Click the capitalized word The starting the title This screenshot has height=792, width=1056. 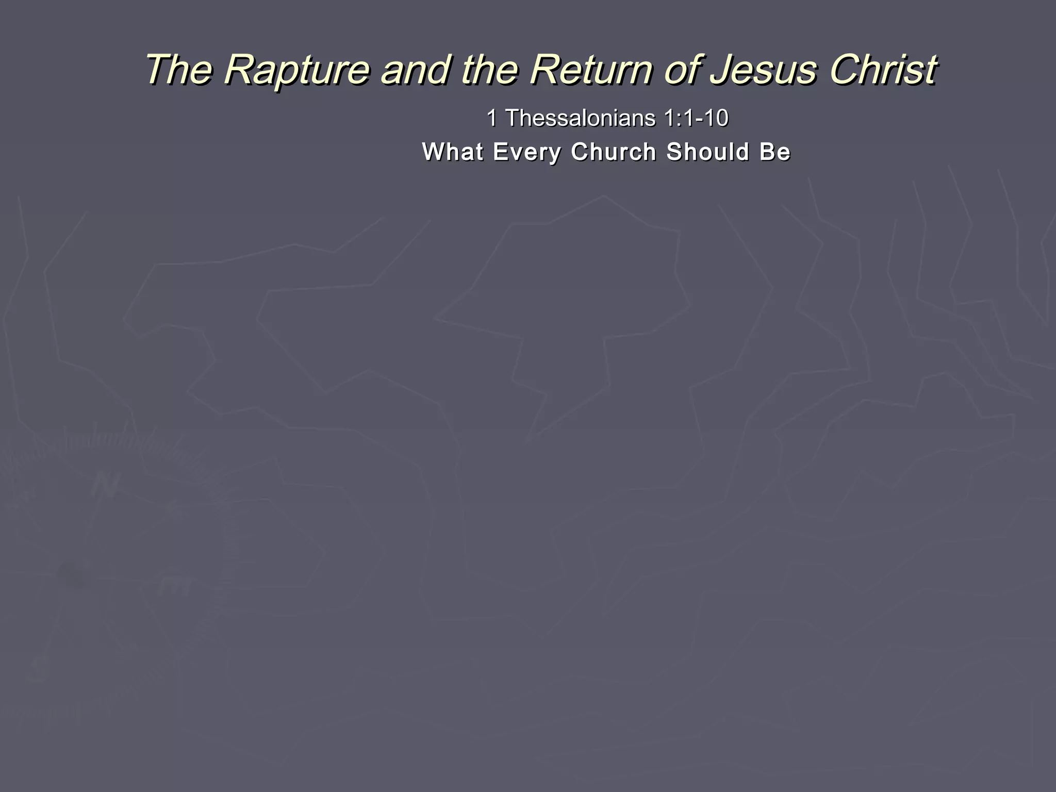pos(178,70)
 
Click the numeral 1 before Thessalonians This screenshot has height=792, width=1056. pos(492,119)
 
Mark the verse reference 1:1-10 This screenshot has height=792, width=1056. pos(696,119)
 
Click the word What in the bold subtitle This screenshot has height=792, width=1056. pos(453,152)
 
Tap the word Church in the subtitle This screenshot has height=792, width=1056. pos(614,152)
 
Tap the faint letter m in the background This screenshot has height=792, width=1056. pos(175,585)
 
